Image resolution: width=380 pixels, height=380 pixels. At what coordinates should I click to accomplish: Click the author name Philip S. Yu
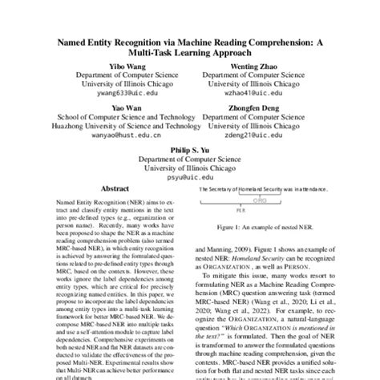(190, 149)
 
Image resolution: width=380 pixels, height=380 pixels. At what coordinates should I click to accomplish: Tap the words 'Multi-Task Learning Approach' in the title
(190, 51)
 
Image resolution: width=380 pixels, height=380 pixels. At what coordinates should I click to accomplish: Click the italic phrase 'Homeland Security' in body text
(265, 261)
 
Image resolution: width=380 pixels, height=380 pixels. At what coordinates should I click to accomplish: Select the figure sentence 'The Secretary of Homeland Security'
(241, 188)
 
